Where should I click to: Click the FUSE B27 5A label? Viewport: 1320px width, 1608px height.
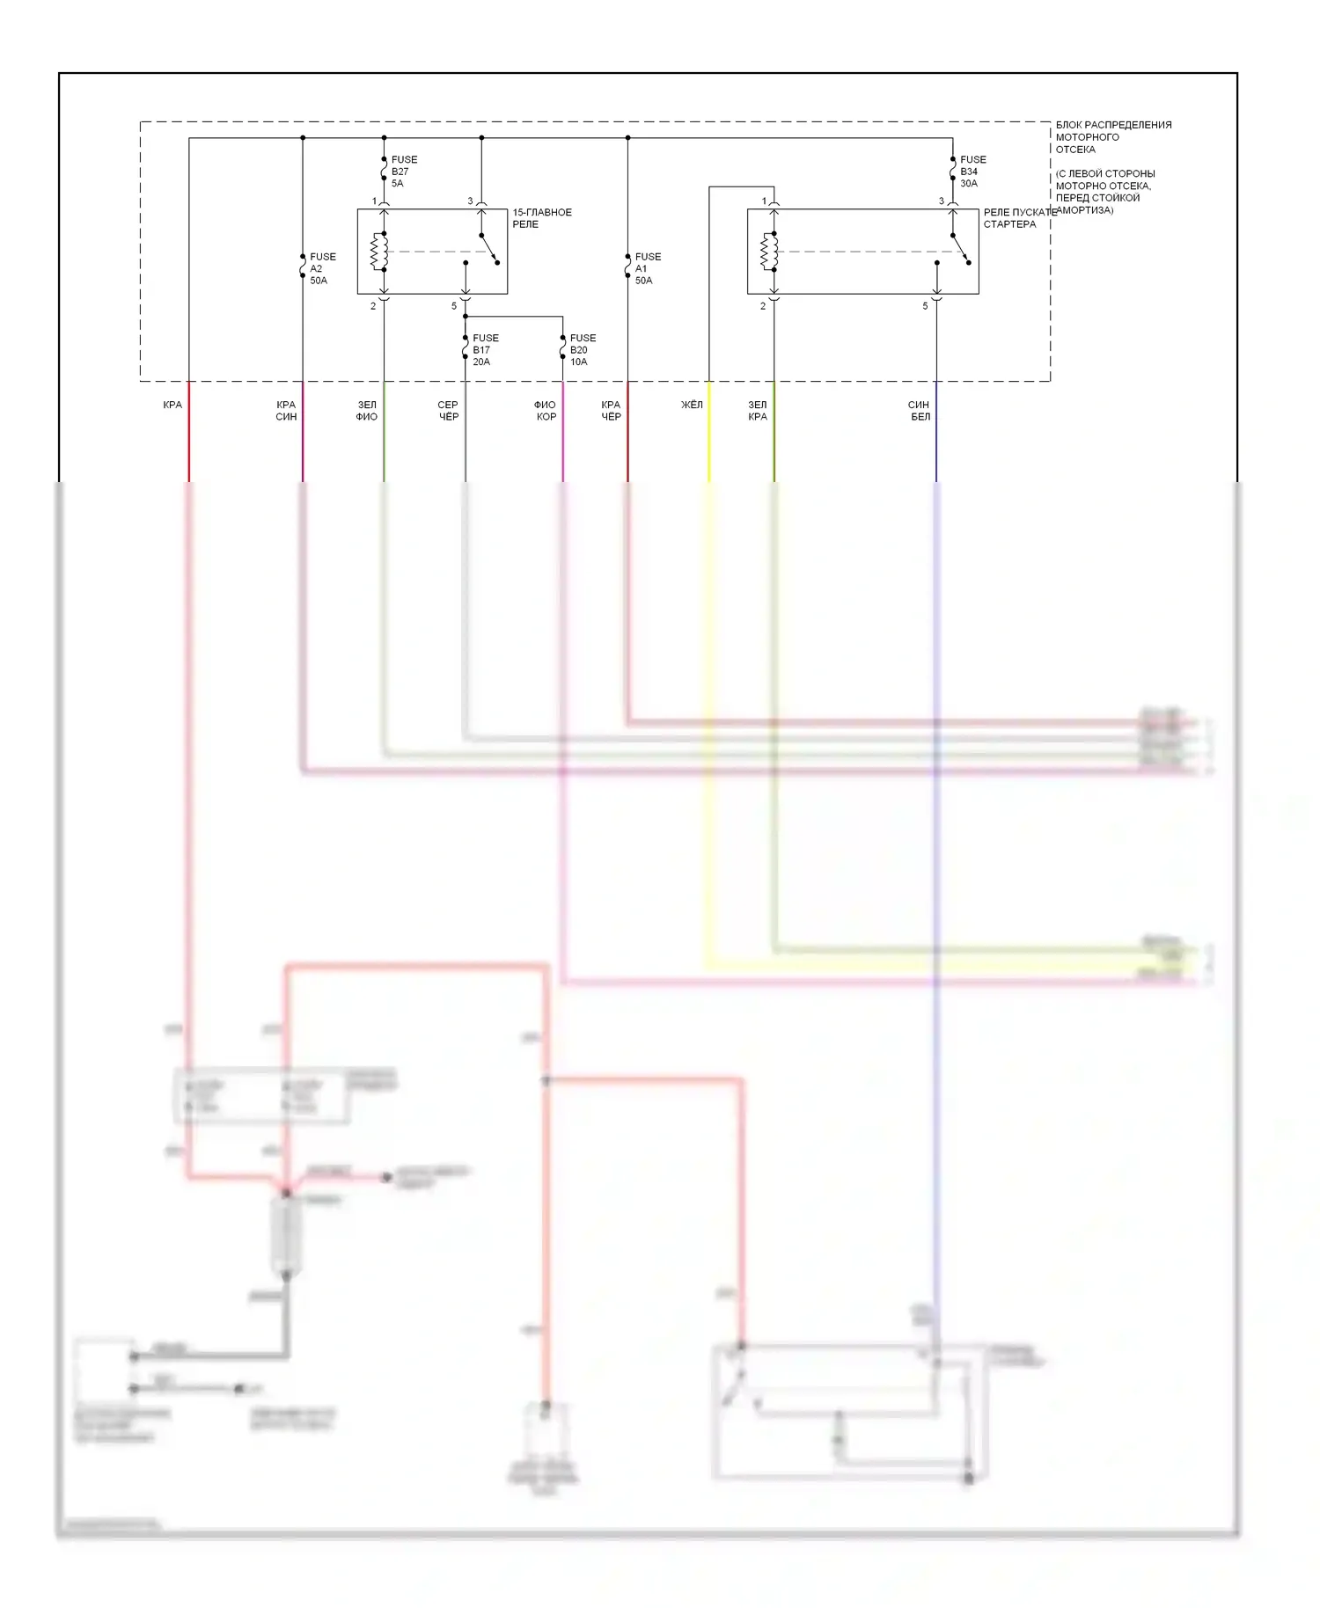coord(403,172)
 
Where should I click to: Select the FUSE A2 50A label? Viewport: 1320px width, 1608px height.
coord(322,268)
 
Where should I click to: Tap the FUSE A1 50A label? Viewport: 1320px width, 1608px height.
coord(647,268)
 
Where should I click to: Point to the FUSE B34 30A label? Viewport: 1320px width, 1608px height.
coord(972,172)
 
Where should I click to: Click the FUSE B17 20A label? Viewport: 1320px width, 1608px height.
coord(485,349)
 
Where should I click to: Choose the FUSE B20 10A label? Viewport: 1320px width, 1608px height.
coord(582,349)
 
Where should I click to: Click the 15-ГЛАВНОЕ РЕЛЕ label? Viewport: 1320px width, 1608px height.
coord(541,218)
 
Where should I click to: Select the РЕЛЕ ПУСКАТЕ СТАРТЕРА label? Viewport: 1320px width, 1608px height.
coord(1019,218)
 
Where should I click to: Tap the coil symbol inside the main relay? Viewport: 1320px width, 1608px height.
coord(379,252)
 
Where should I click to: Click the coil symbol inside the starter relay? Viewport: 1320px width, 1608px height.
coord(769,252)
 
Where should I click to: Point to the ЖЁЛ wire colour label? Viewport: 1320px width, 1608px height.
coord(692,405)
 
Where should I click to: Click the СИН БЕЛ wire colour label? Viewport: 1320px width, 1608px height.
coord(919,411)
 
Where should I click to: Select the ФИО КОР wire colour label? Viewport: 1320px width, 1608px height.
coord(546,411)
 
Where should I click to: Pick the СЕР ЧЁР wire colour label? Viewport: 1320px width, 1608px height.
coord(448,411)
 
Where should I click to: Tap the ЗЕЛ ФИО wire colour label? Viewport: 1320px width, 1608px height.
coord(366,411)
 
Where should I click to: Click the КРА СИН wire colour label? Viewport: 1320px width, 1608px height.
coord(286,411)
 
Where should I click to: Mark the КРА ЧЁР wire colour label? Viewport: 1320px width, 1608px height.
coord(611,411)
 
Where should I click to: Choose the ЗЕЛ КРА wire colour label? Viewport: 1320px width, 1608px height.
coord(758,411)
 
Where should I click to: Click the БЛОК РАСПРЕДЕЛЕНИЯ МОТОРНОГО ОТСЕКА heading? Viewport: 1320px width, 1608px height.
coord(1112,137)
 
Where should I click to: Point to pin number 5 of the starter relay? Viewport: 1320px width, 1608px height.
coord(925,306)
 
